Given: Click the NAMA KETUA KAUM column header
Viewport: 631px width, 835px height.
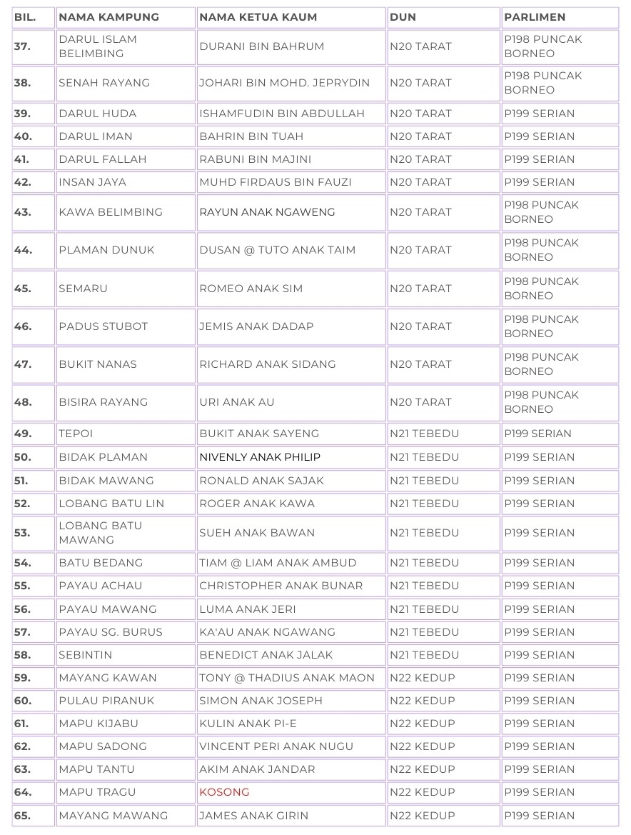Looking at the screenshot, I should [x=258, y=17].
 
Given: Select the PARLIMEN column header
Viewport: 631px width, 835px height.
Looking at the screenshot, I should [x=535, y=17].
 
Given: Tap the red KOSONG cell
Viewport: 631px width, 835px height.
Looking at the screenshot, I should [x=225, y=792].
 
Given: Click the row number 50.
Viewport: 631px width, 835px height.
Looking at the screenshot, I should [x=23, y=457].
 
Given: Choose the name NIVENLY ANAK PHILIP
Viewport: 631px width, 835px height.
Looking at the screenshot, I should [x=260, y=457].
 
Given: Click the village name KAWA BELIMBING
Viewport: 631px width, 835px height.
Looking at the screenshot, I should [x=111, y=212].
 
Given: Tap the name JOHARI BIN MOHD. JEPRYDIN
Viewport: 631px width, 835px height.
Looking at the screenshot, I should [x=285, y=83].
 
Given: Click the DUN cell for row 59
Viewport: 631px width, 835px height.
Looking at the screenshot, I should [x=423, y=678].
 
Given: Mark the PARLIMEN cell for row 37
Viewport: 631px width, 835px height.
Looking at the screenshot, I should [x=543, y=46].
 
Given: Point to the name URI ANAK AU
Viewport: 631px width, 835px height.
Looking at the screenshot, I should [x=237, y=402].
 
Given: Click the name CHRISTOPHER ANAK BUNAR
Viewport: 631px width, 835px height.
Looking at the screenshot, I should [x=281, y=586].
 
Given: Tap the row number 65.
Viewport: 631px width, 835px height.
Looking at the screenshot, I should [x=23, y=816].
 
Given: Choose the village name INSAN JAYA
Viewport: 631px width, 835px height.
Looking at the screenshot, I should [x=93, y=182].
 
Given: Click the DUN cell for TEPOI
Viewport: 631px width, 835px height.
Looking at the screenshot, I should [x=425, y=434].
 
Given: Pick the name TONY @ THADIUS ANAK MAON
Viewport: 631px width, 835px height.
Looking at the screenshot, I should [x=287, y=678].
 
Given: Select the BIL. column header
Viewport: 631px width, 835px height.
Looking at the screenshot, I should [x=25, y=17].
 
